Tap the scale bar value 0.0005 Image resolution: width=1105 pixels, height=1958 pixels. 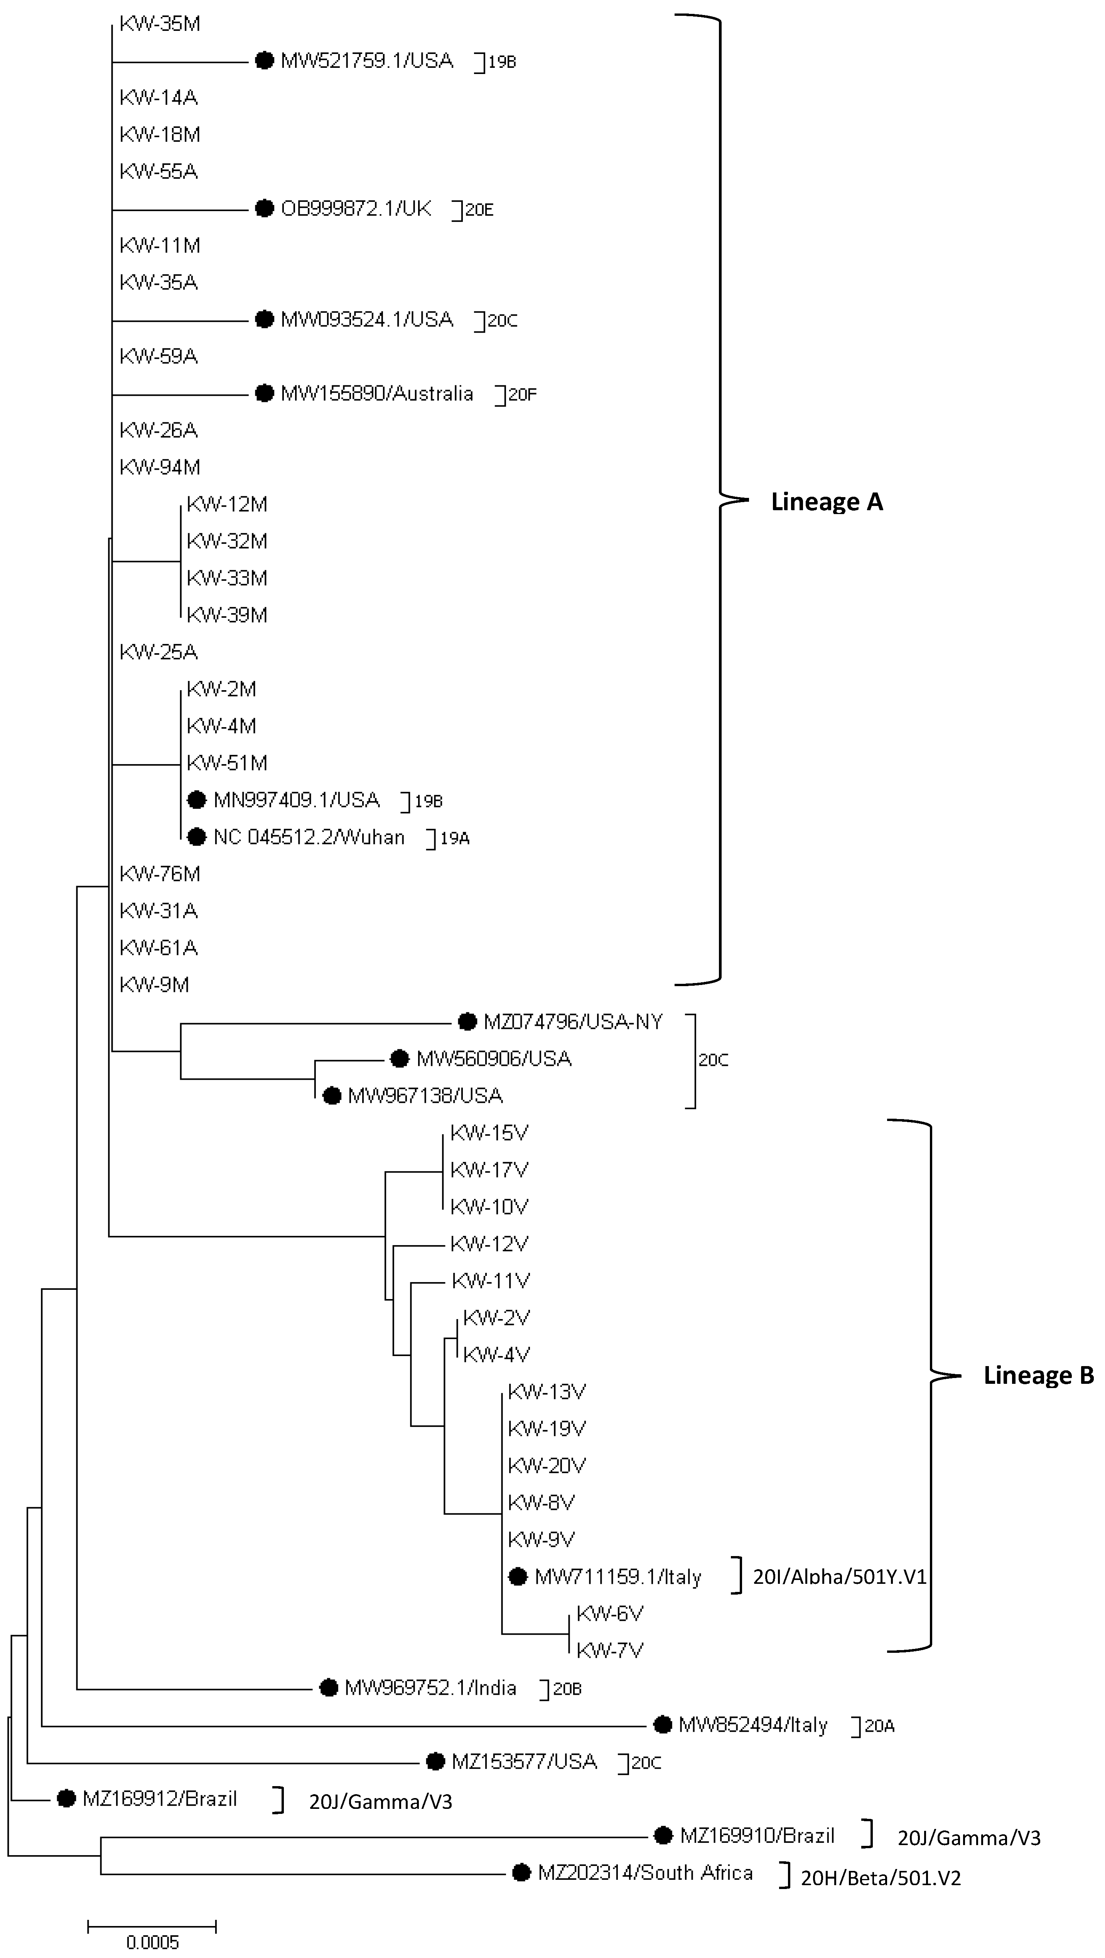[152, 1942]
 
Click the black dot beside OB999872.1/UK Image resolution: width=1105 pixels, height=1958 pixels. [264, 208]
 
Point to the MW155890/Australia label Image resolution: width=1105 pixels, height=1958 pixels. [376, 394]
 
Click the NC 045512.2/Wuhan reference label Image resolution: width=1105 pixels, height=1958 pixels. [309, 837]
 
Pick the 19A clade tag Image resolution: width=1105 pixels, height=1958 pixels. [455, 839]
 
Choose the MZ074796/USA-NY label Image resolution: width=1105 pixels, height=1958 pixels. [573, 1022]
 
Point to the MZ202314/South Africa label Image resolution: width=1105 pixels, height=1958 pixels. [645, 1873]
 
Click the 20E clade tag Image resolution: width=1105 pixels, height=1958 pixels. [479, 210]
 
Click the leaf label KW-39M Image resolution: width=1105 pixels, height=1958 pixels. [227, 615]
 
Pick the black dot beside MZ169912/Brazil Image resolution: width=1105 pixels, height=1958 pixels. [67, 1798]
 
